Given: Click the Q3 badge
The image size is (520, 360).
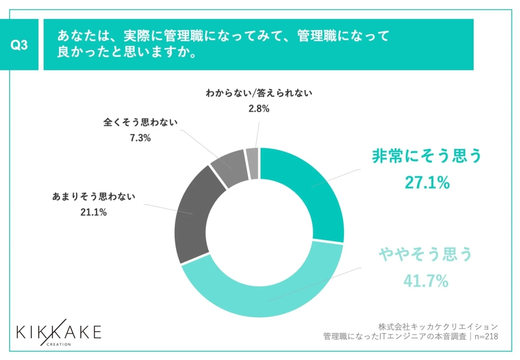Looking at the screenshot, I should (x=19, y=45).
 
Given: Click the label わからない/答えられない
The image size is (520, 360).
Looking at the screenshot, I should (x=259, y=94).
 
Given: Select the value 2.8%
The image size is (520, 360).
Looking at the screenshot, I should (x=259, y=109).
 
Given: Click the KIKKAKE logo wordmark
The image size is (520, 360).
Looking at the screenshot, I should (x=59, y=332).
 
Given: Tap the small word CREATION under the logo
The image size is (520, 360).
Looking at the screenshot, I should (x=59, y=344).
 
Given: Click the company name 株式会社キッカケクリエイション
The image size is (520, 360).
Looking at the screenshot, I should (x=438, y=326).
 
